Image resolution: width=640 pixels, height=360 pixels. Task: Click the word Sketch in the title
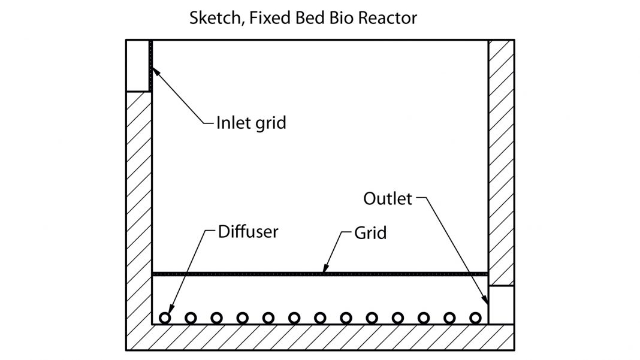(210, 18)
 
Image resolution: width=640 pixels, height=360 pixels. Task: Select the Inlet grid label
(251, 123)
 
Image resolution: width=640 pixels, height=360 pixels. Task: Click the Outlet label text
(388, 198)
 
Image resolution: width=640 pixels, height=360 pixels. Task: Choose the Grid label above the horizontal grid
(370, 232)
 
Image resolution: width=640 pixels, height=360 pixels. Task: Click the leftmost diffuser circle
(165, 317)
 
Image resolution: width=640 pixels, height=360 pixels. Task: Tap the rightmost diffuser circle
(475, 317)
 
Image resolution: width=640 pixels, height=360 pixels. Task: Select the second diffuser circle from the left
(191, 317)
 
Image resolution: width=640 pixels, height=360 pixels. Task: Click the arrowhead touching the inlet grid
(154, 69)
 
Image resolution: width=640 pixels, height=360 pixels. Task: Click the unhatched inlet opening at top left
(137, 65)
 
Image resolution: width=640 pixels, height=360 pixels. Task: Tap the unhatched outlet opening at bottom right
(502, 304)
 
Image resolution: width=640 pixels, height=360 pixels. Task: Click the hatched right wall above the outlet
(502, 162)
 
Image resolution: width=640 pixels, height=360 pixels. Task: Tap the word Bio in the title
(345, 18)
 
